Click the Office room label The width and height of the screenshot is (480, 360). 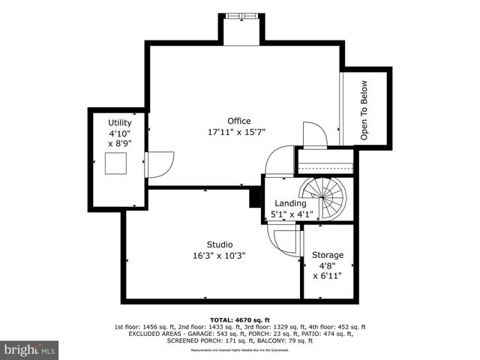239,121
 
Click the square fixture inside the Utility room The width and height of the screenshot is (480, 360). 115,163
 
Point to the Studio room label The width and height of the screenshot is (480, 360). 219,244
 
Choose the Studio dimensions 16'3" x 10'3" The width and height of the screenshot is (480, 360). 219,256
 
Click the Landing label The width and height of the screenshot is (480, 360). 289,203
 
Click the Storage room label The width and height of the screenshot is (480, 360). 328,255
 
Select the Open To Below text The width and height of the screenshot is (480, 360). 364,110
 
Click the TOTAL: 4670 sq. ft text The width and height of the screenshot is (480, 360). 239,319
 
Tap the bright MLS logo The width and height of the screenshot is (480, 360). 30,349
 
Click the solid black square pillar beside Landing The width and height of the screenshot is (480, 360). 255,196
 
